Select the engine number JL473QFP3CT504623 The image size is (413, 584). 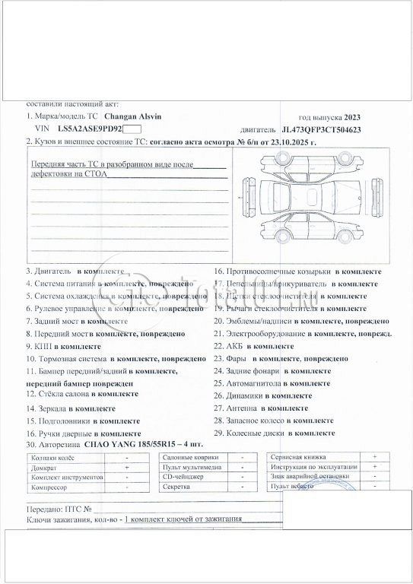(321, 130)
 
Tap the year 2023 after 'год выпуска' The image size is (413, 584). (352, 117)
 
